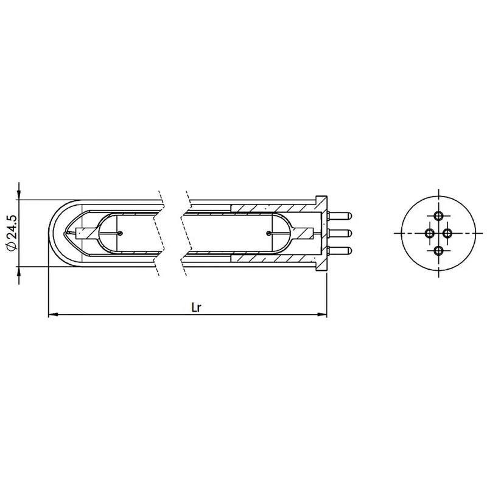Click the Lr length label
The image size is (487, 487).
pos(196,307)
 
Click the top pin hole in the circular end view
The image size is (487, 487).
pos(438,215)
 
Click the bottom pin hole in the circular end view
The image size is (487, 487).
pos(438,251)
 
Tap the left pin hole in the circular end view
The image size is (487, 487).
pos(430,233)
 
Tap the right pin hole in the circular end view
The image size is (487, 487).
pos(447,233)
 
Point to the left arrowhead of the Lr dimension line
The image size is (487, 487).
pos(53,315)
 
